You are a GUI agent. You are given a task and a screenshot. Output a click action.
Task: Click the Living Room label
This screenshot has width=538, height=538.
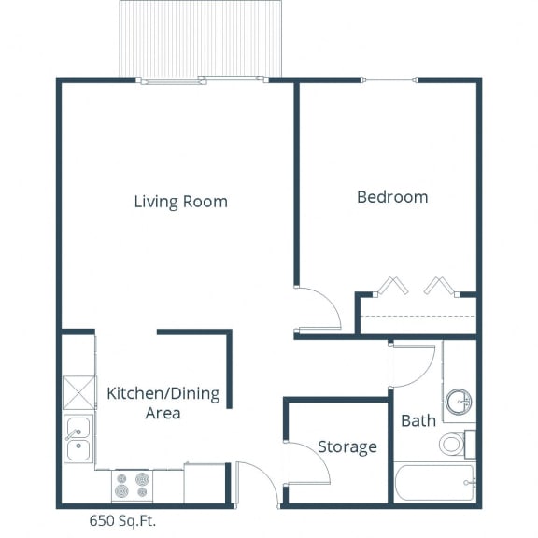181,202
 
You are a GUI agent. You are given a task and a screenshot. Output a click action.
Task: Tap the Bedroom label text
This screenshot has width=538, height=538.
392,197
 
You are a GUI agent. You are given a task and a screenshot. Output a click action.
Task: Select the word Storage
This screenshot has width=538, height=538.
347,447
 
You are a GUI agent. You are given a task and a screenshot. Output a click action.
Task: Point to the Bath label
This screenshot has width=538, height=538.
418,420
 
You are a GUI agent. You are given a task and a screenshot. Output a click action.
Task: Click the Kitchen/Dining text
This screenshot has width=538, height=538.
163,394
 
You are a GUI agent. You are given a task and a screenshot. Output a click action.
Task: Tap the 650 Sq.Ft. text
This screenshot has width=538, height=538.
122,520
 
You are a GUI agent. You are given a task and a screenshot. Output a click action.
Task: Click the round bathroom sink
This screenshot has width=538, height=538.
459,402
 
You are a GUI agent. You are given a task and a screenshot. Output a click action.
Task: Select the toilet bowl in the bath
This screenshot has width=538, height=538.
451,444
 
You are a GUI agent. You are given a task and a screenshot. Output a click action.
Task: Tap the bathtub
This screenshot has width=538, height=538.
434,482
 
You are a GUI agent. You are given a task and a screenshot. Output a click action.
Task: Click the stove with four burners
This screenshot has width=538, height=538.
132,486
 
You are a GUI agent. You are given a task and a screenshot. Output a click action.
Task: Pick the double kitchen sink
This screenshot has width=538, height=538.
78,439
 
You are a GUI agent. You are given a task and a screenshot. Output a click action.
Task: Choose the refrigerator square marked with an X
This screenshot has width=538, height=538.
79,393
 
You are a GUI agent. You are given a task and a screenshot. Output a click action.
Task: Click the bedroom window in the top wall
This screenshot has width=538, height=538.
390,80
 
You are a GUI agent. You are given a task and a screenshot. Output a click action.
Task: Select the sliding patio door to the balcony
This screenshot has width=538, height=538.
203,80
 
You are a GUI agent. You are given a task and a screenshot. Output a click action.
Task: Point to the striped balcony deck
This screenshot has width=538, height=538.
201,38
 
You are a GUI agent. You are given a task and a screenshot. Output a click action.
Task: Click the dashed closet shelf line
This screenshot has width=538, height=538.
418,316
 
